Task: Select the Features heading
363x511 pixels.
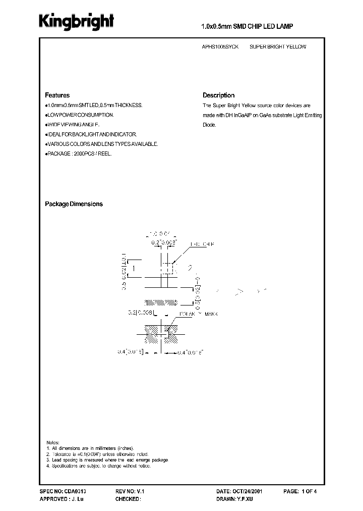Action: coord(57,95)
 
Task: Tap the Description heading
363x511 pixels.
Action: coord(218,95)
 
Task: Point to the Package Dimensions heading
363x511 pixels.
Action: coord(74,204)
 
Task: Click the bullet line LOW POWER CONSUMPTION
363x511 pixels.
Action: coord(79,115)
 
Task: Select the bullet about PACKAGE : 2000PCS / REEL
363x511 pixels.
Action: coord(79,154)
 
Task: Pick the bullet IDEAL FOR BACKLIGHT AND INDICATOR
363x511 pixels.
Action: coord(91,134)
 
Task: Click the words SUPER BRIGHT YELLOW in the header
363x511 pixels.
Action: coord(278,47)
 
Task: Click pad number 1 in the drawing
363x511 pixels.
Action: coord(134,269)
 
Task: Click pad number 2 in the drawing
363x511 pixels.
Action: coord(190,268)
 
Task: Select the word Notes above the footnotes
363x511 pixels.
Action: coord(52,442)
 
